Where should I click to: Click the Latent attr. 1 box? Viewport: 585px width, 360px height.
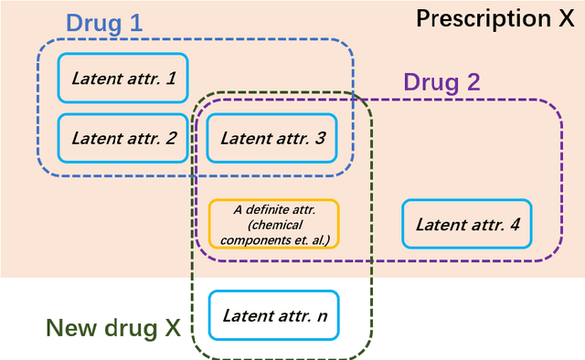[122, 79]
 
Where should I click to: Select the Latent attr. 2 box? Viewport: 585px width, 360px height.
[122, 139]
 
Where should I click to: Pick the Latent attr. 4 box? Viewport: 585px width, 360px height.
[466, 224]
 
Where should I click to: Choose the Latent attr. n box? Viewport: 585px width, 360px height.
[273, 315]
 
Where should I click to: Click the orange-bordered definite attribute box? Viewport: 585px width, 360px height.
[273, 224]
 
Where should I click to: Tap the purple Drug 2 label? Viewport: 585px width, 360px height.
[441, 82]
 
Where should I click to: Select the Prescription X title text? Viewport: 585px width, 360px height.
[495, 18]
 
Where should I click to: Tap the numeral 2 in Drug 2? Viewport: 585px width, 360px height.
[472, 82]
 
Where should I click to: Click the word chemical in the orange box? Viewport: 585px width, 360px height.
[273, 224]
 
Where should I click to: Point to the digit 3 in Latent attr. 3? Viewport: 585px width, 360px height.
[320, 139]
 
